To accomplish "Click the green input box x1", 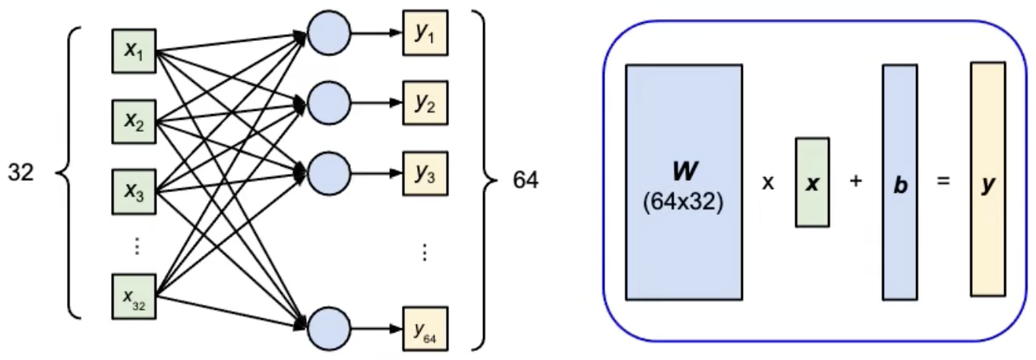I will [x=134, y=52].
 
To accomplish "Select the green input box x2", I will [x=134, y=119].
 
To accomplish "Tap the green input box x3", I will [x=134, y=190].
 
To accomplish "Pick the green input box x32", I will [x=134, y=295].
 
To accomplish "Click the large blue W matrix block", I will [x=684, y=182].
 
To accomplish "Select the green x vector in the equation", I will [x=813, y=182].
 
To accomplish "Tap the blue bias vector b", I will [x=899, y=182].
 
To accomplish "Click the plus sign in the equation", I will [x=856, y=183].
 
